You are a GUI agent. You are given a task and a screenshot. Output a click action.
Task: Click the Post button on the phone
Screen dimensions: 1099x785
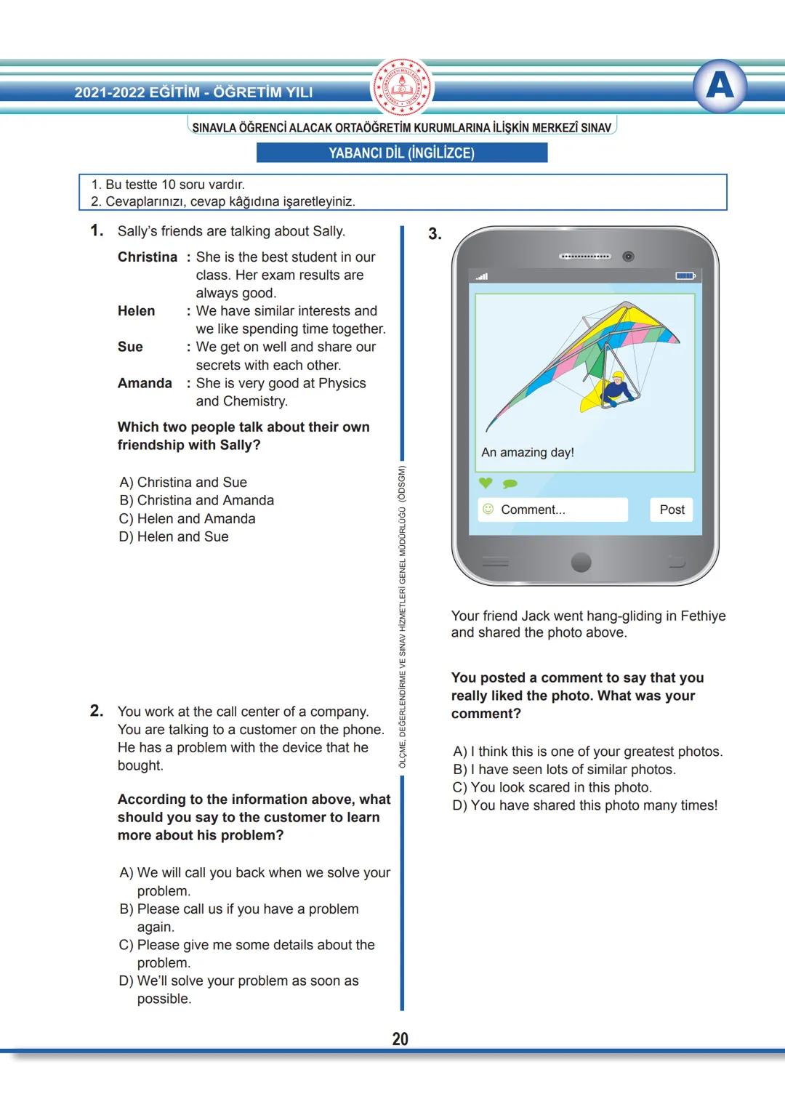[x=672, y=510]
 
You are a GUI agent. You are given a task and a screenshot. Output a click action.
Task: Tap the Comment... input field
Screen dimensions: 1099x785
[x=552, y=510]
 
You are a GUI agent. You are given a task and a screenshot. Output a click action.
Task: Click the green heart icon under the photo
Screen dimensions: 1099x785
[x=486, y=483]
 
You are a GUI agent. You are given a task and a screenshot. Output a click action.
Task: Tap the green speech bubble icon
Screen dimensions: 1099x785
[x=510, y=483]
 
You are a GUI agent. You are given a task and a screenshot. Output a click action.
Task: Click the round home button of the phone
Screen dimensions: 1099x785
[x=581, y=562]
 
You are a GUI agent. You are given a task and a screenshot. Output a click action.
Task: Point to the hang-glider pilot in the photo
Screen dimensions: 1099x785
[x=618, y=388]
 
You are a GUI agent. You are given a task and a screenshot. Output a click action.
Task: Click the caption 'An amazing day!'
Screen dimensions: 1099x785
[x=528, y=452]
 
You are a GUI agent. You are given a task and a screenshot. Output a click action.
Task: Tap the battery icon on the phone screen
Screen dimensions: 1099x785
[x=685, y=276]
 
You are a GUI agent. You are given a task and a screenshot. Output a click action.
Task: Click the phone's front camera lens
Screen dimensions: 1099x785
[x=629, y=257]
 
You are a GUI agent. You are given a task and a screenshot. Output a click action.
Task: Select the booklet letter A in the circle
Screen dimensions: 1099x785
[x=720, y=86]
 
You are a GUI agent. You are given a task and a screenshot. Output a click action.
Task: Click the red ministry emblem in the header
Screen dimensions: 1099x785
[x=402, y=87]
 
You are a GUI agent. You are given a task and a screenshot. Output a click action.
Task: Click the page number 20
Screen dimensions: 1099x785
[x=400, y=1039]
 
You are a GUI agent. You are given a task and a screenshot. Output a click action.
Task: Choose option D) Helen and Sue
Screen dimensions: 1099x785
[x=174, y=536]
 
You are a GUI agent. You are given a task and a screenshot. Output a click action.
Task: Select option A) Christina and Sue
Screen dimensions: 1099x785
[x=183, y=482]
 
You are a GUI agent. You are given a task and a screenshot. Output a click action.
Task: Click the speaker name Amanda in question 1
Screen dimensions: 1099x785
[x=145, y=383]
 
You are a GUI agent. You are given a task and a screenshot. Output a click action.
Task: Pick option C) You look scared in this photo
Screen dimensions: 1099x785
[x=552, y=787]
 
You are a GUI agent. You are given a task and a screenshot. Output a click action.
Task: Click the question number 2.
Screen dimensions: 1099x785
[x=97, y=711]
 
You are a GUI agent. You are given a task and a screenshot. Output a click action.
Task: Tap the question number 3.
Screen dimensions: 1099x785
[x=435, y=234]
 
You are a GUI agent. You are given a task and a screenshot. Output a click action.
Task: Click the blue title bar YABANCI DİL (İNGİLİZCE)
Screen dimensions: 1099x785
[x=402, y=153]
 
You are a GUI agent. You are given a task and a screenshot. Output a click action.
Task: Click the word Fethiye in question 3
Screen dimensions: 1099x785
[x=703, y=616]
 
